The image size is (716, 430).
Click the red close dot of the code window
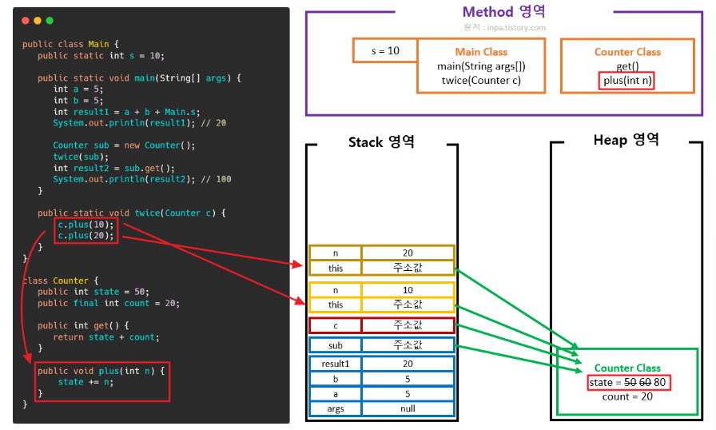click(x=26, y=21)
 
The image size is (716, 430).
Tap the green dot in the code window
click(x=50, y=21)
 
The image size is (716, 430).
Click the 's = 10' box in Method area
click(x=385, y=50)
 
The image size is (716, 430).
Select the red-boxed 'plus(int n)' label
click(x=626, y=81)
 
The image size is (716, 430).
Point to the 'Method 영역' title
click(x=503, y=11)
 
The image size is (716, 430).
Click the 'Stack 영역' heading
click(x=381, y=142)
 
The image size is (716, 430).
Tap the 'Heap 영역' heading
click(x=626, y=140)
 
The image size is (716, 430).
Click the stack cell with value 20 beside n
click(x=408, y=253)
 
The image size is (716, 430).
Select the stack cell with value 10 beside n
click(x=408, y=290)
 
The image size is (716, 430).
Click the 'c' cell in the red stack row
click(x=336, y=325)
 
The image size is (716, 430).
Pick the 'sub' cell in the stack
click(x=336, y=345)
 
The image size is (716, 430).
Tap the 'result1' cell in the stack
click(x=336, y=364)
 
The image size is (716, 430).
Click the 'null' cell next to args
click(x=408, y=408)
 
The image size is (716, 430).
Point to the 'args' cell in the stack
click(x=336, y=408)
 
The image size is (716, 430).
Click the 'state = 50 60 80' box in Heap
click(x=629, y=383)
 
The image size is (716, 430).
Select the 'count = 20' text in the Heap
click(x=627, y=396)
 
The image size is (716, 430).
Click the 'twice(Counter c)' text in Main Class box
click(x=481, y=81)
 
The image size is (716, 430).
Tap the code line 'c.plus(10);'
click(x=86, y=225)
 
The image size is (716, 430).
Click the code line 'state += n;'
click(x=86, y=382)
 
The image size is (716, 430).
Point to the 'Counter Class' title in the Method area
click(x=627, y=52)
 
